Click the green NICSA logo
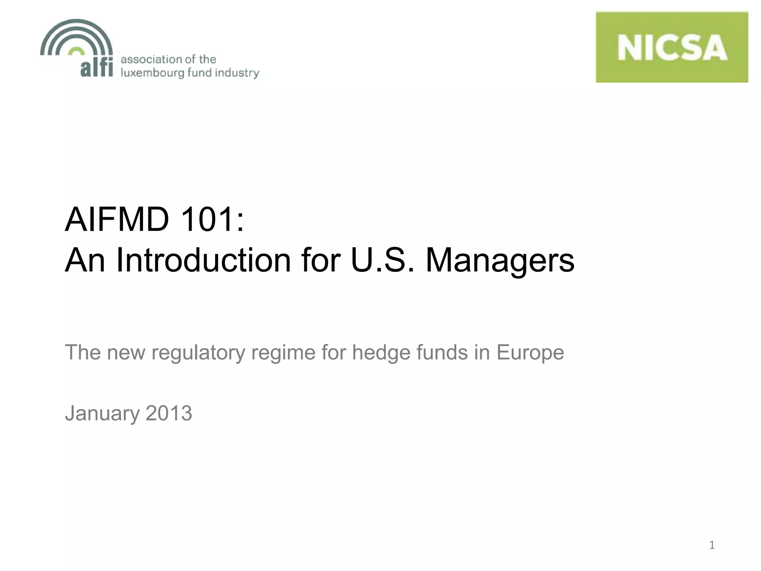[x=672, y=47]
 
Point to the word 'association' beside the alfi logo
[x=151, y=59]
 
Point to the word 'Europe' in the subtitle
[x=530, y=352]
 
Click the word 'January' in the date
[x=103, y=413]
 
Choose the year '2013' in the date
[x=169, y=413]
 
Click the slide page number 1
[x=712, y=545]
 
